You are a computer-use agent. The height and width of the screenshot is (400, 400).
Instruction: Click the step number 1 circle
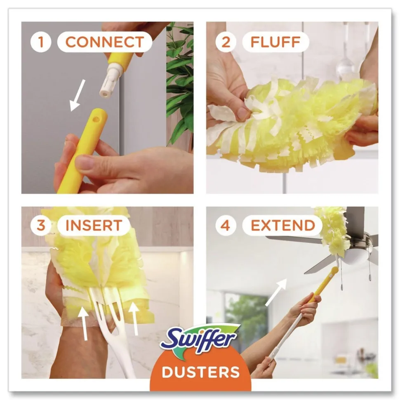click(40, 42)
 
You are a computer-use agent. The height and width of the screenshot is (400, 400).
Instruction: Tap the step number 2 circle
click(225, 42)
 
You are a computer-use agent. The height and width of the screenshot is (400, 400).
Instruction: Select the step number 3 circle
click(40, 226)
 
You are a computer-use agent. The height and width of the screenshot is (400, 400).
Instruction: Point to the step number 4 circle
click(225, 226)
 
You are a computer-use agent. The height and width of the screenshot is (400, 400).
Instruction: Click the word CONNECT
click(104, 42)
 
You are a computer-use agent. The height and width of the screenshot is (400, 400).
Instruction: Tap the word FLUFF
click(275, 42)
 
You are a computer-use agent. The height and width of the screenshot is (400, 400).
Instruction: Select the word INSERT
click(94, 226)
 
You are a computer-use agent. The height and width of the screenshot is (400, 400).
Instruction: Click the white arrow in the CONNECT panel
click(77, 95)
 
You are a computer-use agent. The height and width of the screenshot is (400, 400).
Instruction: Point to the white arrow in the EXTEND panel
click(276, 292)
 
